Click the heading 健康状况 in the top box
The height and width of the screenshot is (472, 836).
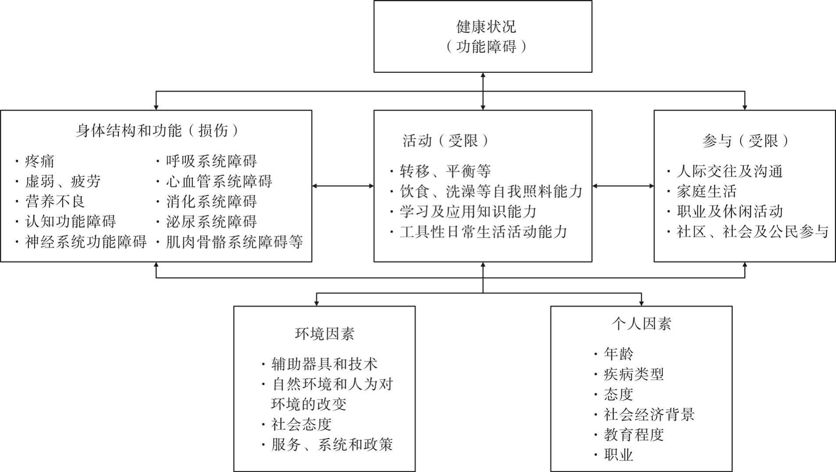tap(486, 27)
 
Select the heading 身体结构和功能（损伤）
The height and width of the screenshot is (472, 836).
tap(157, 131)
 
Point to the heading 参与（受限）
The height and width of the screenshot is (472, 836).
tap(745, 141)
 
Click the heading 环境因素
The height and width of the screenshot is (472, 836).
tap(324, 334)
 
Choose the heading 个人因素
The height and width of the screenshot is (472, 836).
tap(641, 324)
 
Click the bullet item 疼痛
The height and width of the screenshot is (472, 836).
tap(39, 161)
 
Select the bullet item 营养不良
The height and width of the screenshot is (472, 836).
tap(55, 202)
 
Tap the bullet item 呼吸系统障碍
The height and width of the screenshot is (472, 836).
tap(211, 161)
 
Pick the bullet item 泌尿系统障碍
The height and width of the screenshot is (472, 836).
tap(211, 222)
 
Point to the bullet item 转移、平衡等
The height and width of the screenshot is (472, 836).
tap(445, 171)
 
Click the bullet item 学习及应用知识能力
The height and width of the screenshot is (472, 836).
tap(468, 212)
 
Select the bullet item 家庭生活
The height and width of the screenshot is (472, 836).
tap(706, 192)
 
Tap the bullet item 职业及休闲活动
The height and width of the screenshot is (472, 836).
tap(729, 212)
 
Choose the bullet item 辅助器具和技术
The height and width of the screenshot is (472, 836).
tap(324, 364)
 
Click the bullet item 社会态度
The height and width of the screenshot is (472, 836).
tap(301, 424)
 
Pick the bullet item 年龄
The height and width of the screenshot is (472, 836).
tap(618, 354)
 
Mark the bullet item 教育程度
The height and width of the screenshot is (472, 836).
tap(633, 435)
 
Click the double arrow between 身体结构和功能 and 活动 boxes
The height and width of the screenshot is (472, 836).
tap(343, 186)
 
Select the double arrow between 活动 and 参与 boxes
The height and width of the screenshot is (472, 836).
tap(623, 186)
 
